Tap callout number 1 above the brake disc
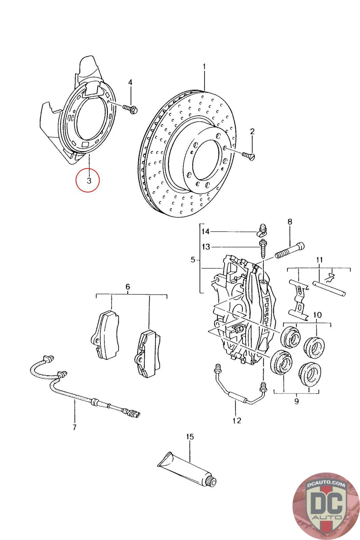tap(204, 66)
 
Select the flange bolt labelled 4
tap(130, 109)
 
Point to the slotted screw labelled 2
tap(248, 157)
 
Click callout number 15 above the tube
tap(190, 437)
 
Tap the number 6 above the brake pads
tap(128, 287)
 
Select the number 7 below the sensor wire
tap(75, 427)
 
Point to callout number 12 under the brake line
tap(237, 421)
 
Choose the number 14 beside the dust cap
tap(205, 232)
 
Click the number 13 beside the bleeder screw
tap(206, 247)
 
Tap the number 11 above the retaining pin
tap(319, 260)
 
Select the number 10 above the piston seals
tap(317, 315)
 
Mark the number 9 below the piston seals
tap(296, 401)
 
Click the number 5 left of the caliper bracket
tap(193, 260)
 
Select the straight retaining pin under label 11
tap(329, 288)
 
